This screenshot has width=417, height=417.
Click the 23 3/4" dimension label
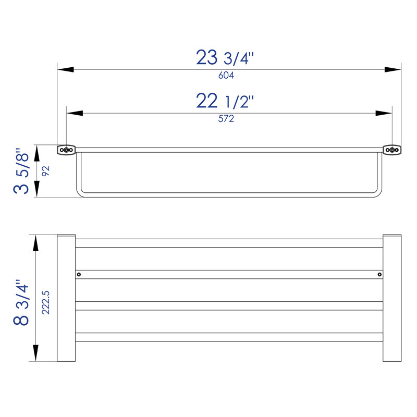tap(225, 57)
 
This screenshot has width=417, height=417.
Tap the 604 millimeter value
tap(226, 76)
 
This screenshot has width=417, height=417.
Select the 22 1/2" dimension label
tap(225, 101)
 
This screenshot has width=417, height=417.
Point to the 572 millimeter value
tap(226, 119)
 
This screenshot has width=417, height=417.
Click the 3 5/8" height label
tap(21, 171)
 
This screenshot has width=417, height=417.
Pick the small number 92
tap(46, 171)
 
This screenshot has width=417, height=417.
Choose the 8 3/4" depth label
tap(21, 303)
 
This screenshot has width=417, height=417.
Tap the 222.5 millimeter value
tap(46, 303)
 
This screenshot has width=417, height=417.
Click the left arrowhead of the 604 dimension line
tap(66, 69)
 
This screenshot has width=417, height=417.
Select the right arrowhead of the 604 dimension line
tap(393, 69)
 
